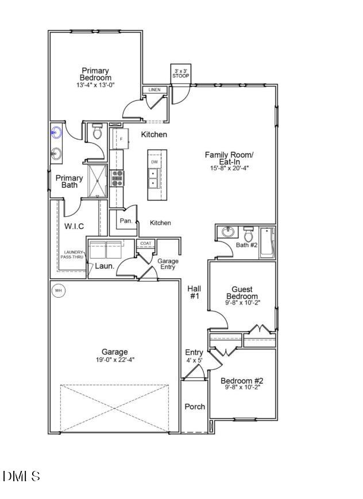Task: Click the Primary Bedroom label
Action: pyautogui.click(x=95, y=75)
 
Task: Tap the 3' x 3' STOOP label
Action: pyautogui.click(x=180, y=73)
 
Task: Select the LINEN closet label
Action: pyautogui.click(x=155, y=90)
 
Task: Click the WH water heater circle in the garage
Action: pyautogui.click(x=58, y=291)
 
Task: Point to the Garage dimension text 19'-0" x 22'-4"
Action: pyautogui.click(x=115, y=360)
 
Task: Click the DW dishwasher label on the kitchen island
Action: pyautogui.click(x=155, y=162)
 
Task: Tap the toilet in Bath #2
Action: pyautogui.click(x=249, y=235)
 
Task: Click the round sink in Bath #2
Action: pyautogui.click(x=226, y=233)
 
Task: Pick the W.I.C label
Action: pyautogui.click(x=74, y=226)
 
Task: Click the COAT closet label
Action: pyautogui.click(x=145, y=244)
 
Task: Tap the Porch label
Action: pyautogui.click(x=195, y=407)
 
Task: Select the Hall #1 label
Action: pyautogui.click(x=194, y=293)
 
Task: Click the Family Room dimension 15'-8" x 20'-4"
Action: pyautogui.click(x=229, y=168)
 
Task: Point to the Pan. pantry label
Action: pyautogui.click(x=126, y=221)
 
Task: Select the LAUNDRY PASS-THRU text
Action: pyautogui.click(x=72, y=255)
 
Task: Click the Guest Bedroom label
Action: pyautogui.click(x=242, y=293)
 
